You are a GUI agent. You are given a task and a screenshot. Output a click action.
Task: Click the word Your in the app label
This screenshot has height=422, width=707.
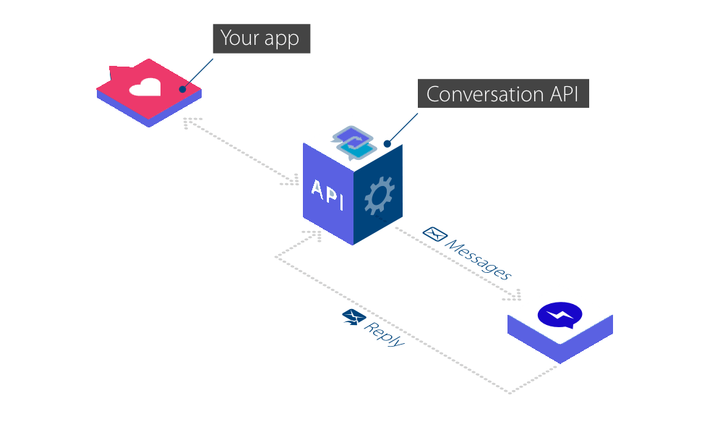click(238, 38)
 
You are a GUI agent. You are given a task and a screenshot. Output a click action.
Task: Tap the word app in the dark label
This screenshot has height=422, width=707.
click(281, 40)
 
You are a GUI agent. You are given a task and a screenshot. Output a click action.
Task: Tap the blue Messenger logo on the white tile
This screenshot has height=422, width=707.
click(559, 314)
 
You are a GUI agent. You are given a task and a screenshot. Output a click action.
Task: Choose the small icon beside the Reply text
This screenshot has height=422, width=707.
click(352, 316)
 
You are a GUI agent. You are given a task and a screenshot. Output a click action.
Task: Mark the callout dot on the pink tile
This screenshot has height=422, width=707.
click(183, 90)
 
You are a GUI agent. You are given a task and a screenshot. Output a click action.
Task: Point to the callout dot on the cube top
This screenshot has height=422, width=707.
click(387, 143)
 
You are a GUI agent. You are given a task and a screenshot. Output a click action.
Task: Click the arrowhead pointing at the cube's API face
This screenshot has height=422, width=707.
click(294, 179)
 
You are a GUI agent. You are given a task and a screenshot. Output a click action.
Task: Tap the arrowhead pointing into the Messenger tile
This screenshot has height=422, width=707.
click(516, 295)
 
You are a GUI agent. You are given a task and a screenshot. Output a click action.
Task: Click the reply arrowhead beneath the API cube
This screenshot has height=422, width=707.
click(314, 235)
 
